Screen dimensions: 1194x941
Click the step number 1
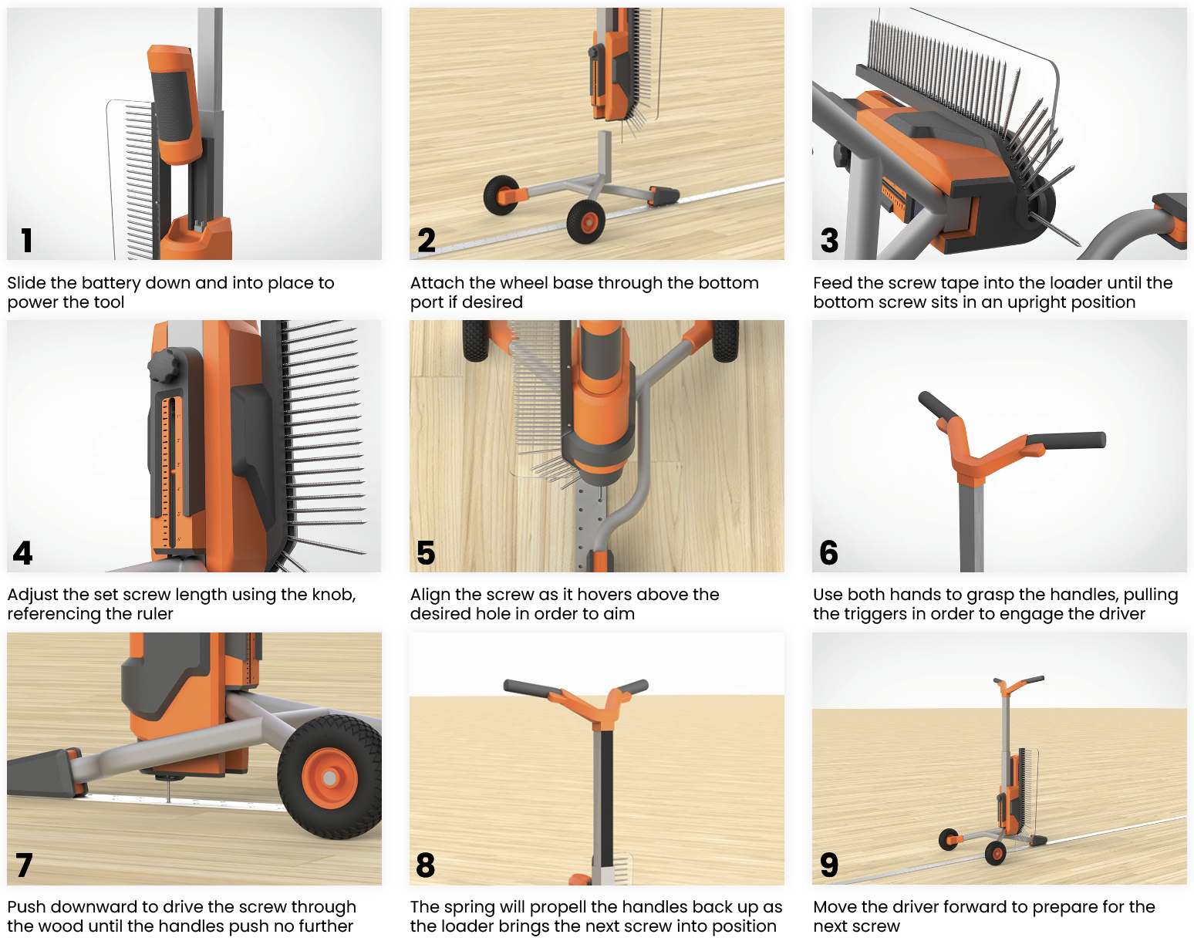click(26, 240)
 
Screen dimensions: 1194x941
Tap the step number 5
click(426, 552)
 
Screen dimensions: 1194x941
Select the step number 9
click(829, 865)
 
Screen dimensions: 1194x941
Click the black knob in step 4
click(163, 365)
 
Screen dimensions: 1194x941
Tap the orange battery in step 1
click(174, 104)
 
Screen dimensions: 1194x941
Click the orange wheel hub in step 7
click(329, 778)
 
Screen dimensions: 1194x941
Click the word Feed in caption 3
click(832, 283)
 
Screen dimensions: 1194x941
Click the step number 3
click(829, 240)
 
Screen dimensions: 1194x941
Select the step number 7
click(24, 865)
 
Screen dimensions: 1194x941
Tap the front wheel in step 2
click(586, 222)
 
